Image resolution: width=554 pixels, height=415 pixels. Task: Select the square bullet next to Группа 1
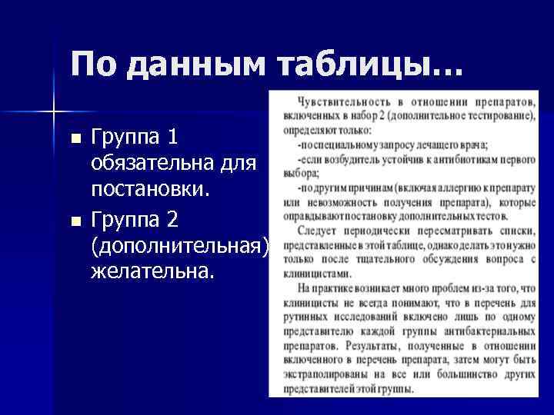click(x=75, y=139)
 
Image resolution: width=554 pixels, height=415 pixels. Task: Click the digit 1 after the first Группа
click(x=172, y=137)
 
